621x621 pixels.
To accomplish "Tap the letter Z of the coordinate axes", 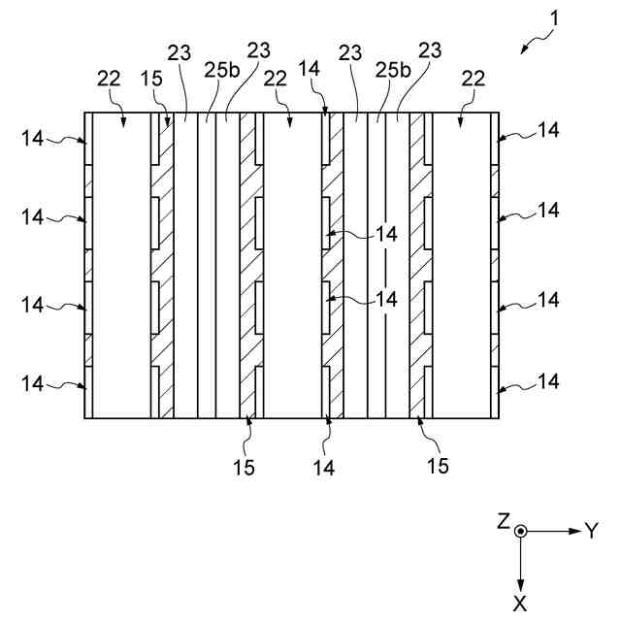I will click(504, 521).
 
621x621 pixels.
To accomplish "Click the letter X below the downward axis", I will click(521, 603).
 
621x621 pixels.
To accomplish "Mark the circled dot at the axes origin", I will click(521, 531).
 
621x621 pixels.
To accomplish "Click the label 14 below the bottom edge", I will click(324, 467).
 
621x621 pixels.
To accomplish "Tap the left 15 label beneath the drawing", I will click(244, 467).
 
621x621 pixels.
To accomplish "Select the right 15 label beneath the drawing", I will click(438, 467).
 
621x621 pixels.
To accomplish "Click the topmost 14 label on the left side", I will click(32, 139).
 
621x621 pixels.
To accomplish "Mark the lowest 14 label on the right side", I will click(548, 381).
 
